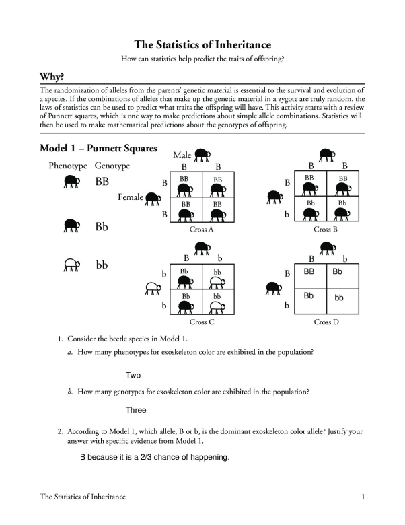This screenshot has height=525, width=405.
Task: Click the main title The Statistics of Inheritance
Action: pyautogui.click(x=202, y=45)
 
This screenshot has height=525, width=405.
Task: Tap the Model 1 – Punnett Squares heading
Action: pyautogui.click(x=98, y=149)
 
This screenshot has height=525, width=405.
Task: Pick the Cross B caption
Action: pyautogui.click(x=326, y=229)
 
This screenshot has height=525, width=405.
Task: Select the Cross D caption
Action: pyautogui.click(x=326, y=322)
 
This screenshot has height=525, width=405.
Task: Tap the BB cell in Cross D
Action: pyautogui.click(x=309, y=272)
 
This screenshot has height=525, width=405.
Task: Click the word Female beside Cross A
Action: pyautogui.click(x=131, y=197)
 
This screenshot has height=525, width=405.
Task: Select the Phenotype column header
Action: pyautogui.click(x=68, y=166)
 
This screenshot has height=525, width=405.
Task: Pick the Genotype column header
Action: pyautogui.click(x=112, y=166)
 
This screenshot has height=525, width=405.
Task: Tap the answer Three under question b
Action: pyautogui.click(x=135, y=410)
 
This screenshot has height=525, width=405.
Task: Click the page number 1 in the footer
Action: pyautogui.click(x=363, y=497)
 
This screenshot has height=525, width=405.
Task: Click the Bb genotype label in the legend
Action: pyautogui.click(x=102, y=227)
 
